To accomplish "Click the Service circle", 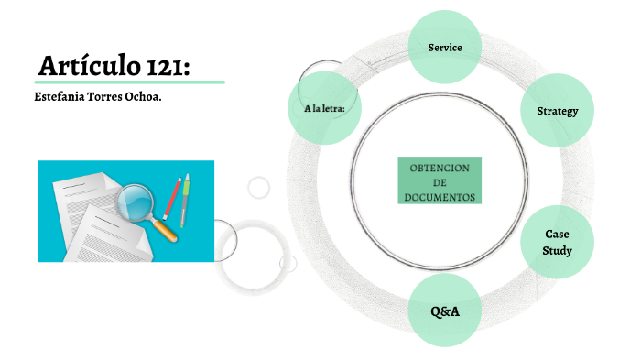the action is click(x=445, y=46).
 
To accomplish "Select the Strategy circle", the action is click(x=557, y=111).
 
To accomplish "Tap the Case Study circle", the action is click(x=557, y=242).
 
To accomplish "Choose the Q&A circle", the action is click(x=445, y=311).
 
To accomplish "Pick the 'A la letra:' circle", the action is click(x=323, y=108).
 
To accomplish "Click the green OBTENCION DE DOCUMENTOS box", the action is click(x=440, y=180).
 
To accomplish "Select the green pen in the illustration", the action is click(x=185, y=197).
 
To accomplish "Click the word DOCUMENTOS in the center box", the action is click(x=440, y=197).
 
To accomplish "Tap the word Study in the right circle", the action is click(x=557, y=250).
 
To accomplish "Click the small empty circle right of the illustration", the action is click(x=259, y=187).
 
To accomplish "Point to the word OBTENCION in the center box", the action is click(x=440, y=168).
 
